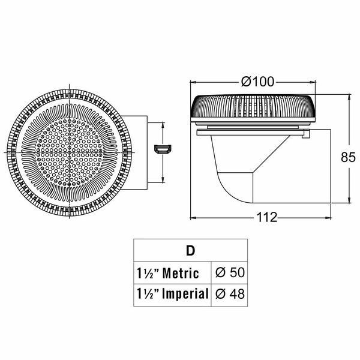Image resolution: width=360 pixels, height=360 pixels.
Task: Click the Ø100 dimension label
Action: pos(257,82)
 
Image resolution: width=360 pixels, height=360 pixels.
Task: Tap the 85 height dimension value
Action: pos(348,157)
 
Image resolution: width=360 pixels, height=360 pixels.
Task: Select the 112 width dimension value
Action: pos(266,217)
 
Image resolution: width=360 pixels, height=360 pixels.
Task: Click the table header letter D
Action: pos(190,251)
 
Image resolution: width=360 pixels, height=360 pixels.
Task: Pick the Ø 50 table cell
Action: pos(230,272)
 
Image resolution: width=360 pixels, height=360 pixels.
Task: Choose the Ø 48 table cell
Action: pos(230,294)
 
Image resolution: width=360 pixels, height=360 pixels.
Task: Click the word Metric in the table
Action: pos(181,273)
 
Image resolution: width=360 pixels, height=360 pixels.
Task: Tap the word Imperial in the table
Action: pos(185,294)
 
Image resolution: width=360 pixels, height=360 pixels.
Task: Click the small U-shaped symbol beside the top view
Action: pos(163,149)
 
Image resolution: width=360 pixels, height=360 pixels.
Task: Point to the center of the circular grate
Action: pos(70,152)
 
